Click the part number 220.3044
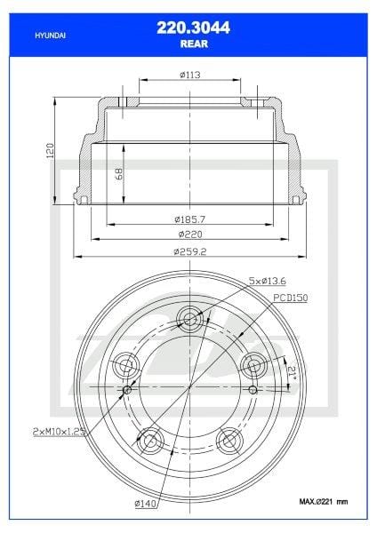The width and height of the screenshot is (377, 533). pyautogui.click(x=188, y=28)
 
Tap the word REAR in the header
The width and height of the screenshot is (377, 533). pyautogui.click(x=188, y=42)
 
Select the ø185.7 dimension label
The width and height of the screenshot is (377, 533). pyautogui.click(x=188, y=219)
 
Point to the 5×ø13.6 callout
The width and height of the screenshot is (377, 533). pyautogui.click(x=269, y=281)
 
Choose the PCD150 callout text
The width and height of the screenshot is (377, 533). pyautogui.click(x=290, y=298)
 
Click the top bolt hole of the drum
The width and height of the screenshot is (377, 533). pyautogui.click(x=189, y=318)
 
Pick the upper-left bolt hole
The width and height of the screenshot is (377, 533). pyautogui.click(x=125, y=364)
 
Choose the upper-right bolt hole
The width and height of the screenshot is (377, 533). pyautogui.click(x=253, y=364)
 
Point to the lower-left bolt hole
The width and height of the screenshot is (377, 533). pyautogui.click(x=149, y=440)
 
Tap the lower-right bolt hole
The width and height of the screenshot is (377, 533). pyautogui.click(x=229, y=440)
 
